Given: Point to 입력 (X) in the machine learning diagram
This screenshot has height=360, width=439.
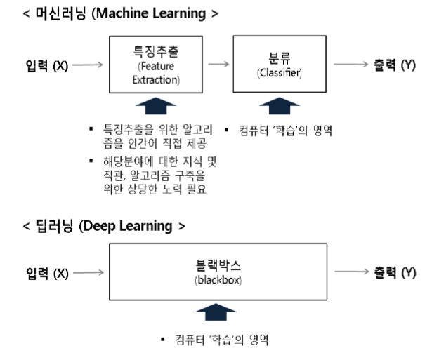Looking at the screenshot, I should coord(46,66).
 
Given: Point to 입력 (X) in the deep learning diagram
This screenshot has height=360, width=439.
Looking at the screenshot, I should coord(46,274).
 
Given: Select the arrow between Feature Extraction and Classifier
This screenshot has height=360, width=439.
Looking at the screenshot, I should coord(219,65).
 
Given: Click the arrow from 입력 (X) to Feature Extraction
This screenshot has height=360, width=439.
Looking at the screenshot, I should coord(88,66).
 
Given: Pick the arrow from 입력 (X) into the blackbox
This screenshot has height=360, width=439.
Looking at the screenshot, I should coord(88,274).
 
